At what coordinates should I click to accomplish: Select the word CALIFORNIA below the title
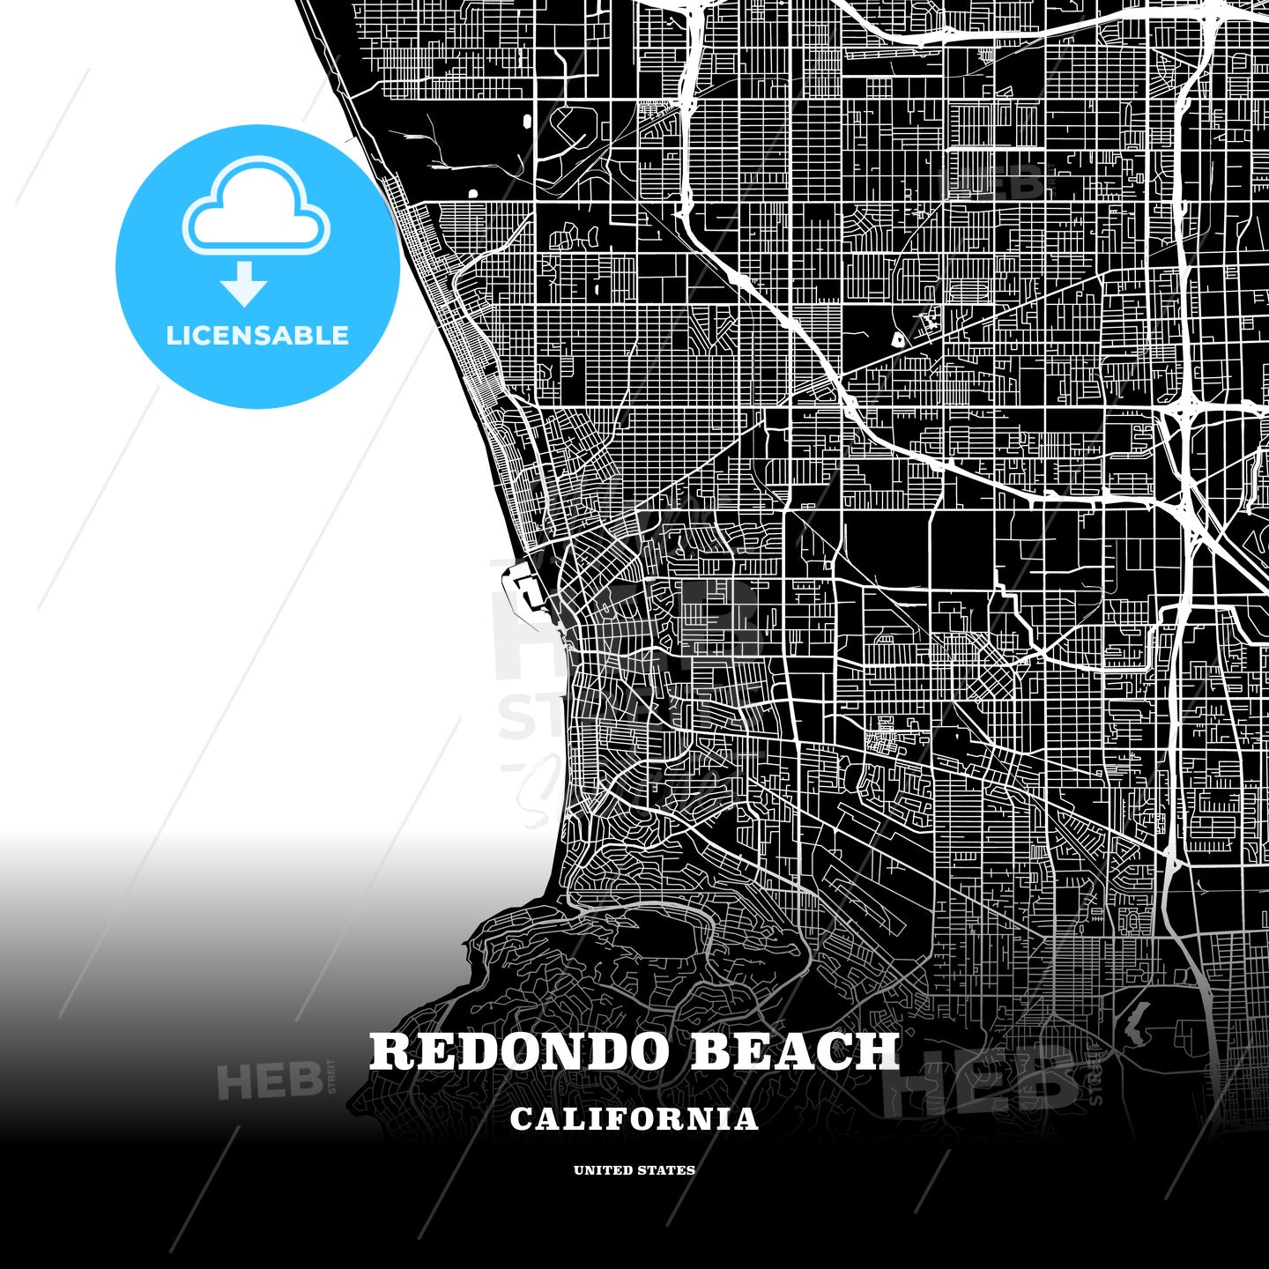[x=634, y=1119]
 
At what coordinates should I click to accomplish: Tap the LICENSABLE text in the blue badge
[x=257, y=336]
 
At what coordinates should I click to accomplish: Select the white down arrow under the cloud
[x=244, y=284]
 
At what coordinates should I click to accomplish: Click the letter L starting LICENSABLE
[x=173, y=336]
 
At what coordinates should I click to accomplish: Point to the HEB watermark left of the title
[x=269, y=1081]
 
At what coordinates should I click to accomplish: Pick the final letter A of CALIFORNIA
[x=746, y=1119]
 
